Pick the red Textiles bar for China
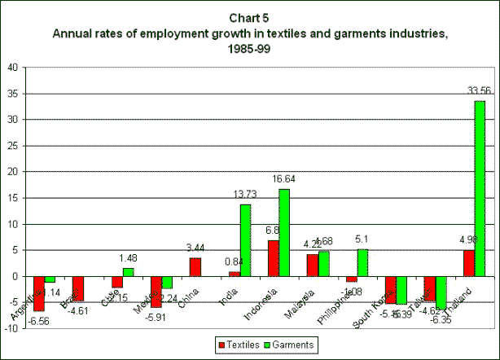click(x=195, y=266)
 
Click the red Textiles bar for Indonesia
click(x=273, y=257)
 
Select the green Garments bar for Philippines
click(x=362, y=262)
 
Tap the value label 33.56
click(x=480, y=91)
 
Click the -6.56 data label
click(x=36, y=320)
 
